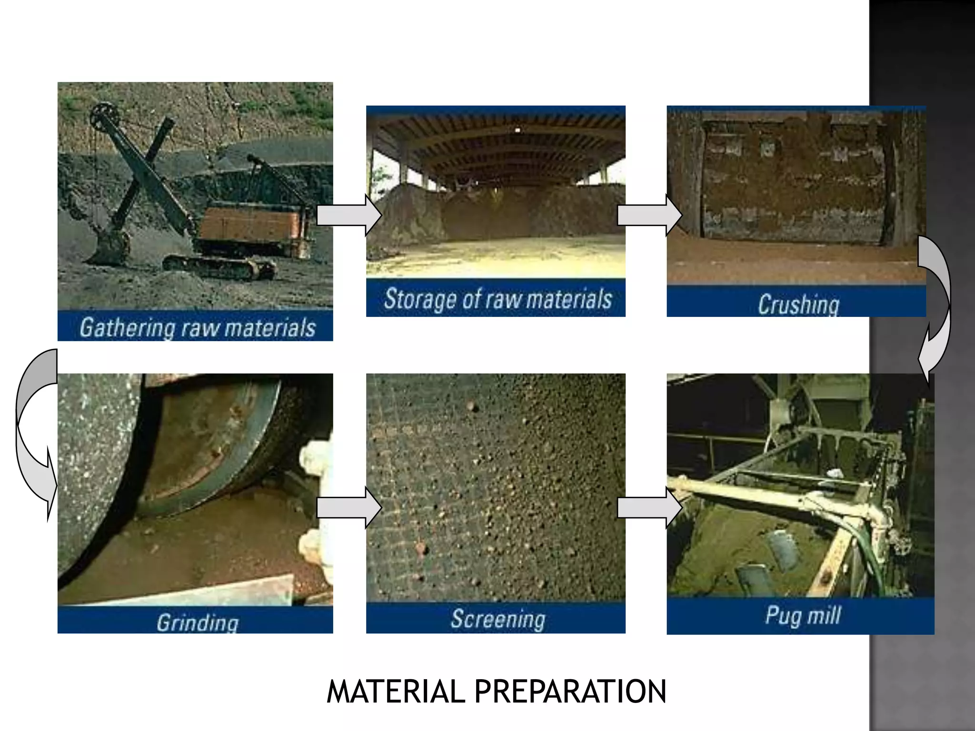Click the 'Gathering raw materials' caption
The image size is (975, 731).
click(197, 327)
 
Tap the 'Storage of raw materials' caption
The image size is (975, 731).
click(497, 299)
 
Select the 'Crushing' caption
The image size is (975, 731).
click(798, 304)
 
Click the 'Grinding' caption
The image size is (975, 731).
click(197, 622)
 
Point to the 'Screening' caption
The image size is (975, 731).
click(497, 619)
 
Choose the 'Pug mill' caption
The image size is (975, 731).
click(803, 615)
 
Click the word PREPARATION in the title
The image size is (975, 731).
click(570, 691)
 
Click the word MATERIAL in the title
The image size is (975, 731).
click(395, 691)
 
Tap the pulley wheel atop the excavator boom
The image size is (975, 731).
click(104, 114)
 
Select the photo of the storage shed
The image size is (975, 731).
click(496, 190)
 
